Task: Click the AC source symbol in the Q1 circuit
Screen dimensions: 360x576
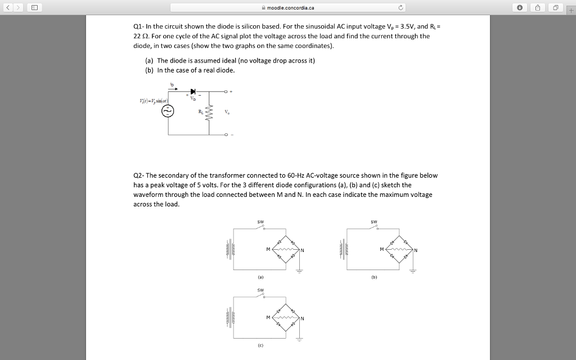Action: coord(167,111)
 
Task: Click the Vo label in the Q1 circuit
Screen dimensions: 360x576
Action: coord(227,112)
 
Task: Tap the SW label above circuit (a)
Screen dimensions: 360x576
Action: coord(260,221)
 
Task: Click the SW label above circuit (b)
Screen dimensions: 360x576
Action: coord(374,221)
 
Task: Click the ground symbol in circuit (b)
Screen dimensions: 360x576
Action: coord(413,270)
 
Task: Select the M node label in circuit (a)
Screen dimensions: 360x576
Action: coord(268,250)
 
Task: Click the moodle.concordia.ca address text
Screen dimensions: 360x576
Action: coord(290,7)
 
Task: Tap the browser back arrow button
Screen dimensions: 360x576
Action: coord(8,7)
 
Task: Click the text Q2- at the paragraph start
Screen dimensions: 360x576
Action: coord(138,175)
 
